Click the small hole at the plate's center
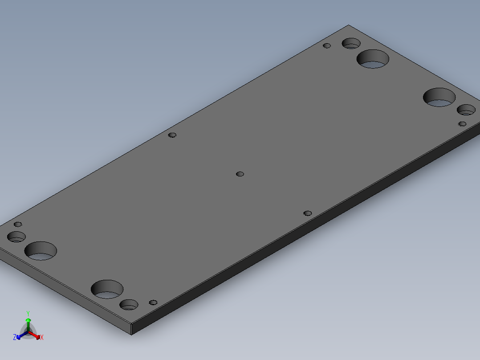tap(240, 174)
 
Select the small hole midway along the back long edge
tap(173, 135)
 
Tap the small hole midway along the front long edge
tap(307, 213)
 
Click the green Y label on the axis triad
tap(28, 313)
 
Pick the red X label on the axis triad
tap(42, 338)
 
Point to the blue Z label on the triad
tap(15, 338)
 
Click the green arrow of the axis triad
tap(28, 322)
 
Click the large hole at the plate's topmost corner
tap(373, 59)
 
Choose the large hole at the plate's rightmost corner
tap(439, 97)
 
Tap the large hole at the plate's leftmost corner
tap(41, 251)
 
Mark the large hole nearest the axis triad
tap(107, 289)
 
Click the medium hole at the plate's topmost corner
tap(351, 43)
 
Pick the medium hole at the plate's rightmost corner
tap(466, 110)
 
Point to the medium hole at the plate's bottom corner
tap(129, 305)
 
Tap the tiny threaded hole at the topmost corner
tap(327, 45)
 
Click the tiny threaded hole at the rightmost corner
tap(462, 124)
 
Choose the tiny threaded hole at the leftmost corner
tap(18, 224)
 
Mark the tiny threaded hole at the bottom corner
tap(153, 303)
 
